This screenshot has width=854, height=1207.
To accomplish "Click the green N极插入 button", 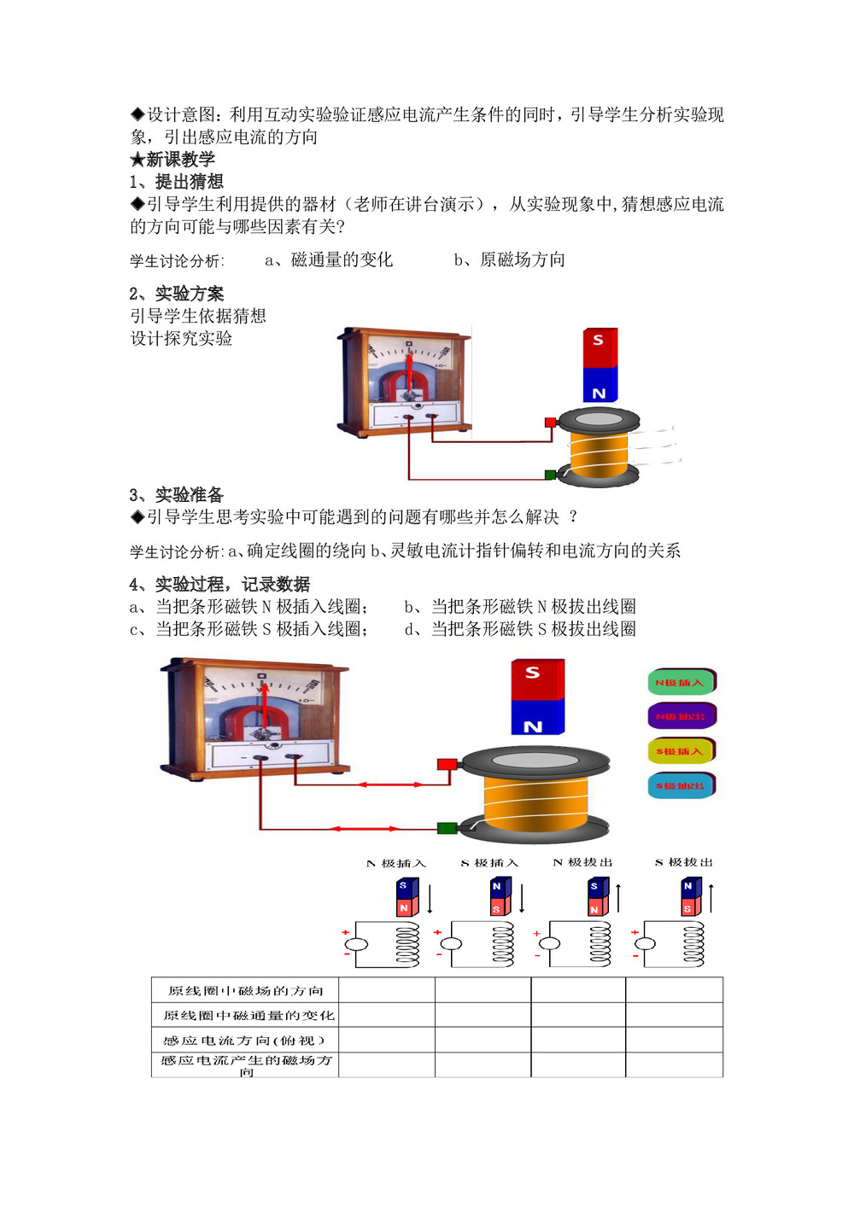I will pyautogui.click(x=680, y=682).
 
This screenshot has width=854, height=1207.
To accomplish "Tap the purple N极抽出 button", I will pyautogui.click(x=680, y=716).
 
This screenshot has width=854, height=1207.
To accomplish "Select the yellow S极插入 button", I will pyautogui.click(x=680, y=751).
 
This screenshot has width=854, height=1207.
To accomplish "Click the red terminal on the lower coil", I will pyautogui.click(x=447, y=764).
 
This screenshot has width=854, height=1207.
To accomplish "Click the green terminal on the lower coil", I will pyautogui.click(x=446, y=828).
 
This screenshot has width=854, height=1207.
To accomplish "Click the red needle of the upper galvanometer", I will pyautogui.click(x=409, y=372).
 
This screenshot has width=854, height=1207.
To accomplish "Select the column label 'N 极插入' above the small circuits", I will pyautogui.click(x=396, y=864).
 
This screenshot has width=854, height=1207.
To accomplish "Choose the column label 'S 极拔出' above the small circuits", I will pyautogui.click(x=683, y=863).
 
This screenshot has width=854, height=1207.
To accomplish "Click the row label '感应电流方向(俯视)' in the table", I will pyautogui.click(x=244, y=1041).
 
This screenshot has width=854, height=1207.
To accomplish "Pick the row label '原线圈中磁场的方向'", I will pyautogui.click(x=245, y=991).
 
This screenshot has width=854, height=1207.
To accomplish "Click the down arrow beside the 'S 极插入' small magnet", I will pyautogui.click(x=521, y=898).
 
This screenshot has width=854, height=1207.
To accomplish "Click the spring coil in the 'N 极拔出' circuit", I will pyautogui.click(x=600, y=943).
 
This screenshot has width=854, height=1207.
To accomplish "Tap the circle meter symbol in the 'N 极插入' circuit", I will pyautogui.click(x=355, y=944).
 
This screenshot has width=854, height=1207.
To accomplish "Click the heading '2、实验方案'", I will pyautogui.click(x=177, y=294).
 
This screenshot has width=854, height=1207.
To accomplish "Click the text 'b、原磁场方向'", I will pyautogui.click(x=509, y=259).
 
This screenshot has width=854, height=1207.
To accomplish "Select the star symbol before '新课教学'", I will pyautogui.click(x=137, y=160).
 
